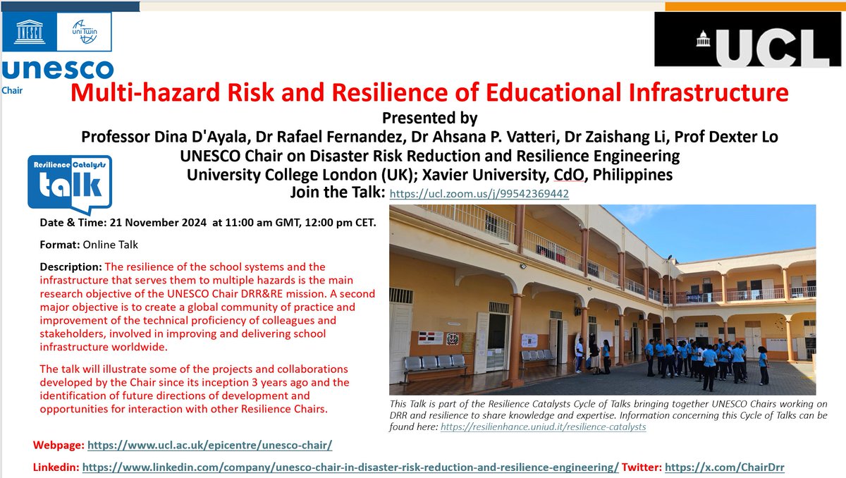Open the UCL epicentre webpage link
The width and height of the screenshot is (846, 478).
point(209,446)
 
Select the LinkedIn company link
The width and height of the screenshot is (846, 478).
point(351,467)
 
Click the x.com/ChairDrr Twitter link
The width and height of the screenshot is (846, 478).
point(725,467)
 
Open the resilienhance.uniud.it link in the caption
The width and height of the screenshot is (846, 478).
point(543,427)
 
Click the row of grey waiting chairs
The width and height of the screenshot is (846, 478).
point(435,364)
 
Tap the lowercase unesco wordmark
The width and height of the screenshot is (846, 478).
point(58,71)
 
